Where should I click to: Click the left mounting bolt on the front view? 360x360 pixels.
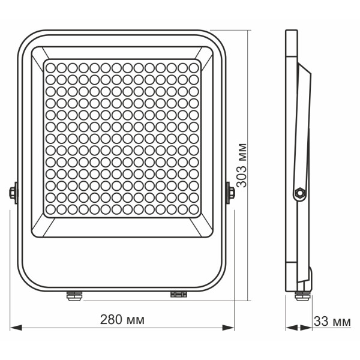point(13,193)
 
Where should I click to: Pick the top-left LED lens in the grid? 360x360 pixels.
point(50,66)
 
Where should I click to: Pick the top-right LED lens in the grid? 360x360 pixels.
point(193,66)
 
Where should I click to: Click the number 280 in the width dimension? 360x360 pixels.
point(111,318)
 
